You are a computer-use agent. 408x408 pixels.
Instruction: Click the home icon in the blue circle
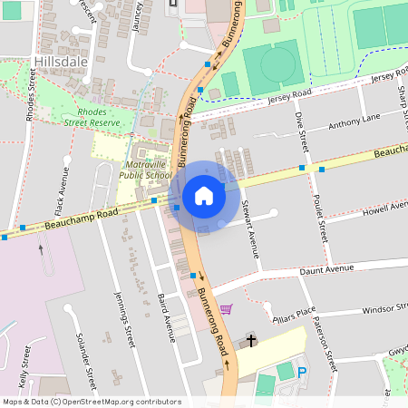tap(204, 196)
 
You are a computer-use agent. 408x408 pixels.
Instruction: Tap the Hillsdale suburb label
tap(61, 61)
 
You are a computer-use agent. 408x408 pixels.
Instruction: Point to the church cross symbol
tap(251, 342)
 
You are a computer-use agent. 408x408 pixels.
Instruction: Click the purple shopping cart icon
tap(226, 309)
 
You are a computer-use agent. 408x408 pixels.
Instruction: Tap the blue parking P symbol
tap(303, 373)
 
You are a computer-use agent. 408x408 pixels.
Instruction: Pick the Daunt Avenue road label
tap(327, 268)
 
